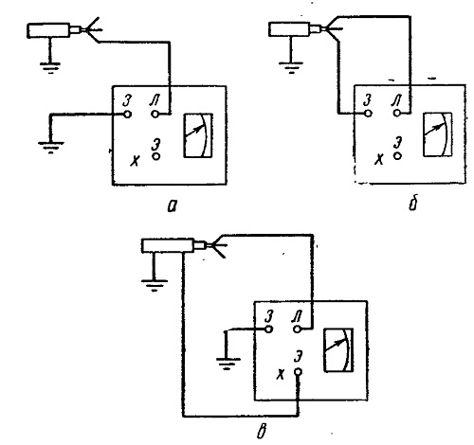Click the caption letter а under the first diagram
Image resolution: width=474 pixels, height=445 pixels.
tap(173, 206)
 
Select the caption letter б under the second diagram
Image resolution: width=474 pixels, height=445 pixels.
tap(413, 205)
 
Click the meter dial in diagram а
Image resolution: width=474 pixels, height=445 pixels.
tap(198, 135)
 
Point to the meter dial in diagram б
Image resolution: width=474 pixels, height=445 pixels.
tap(437, 134)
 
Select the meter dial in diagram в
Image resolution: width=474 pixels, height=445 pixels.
tap(338, 350)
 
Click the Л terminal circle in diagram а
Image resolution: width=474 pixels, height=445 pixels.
tap(155, 114)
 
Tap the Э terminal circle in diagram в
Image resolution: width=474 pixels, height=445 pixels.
tap(298, 372)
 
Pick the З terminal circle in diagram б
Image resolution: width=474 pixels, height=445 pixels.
tap(368, 113)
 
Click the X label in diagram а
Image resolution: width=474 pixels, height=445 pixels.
tap(135, 161)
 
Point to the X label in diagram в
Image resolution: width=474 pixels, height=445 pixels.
tap(280, 375)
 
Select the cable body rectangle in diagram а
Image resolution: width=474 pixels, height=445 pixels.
tap(48, 30)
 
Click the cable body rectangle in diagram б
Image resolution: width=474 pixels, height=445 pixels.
tap(289, 29)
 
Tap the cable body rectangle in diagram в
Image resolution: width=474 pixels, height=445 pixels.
tap(168, 245)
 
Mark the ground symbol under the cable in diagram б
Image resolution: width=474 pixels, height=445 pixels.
tap(291, 67)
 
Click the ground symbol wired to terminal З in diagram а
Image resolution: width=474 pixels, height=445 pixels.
tap(50, 148)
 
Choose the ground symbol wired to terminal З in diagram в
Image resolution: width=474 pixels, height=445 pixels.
tap(228, 364)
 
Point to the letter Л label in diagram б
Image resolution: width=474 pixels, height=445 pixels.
tap(396, 100)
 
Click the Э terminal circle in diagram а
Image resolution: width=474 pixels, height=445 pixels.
tap(156, 156)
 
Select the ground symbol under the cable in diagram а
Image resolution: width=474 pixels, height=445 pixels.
tap(50, 68)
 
